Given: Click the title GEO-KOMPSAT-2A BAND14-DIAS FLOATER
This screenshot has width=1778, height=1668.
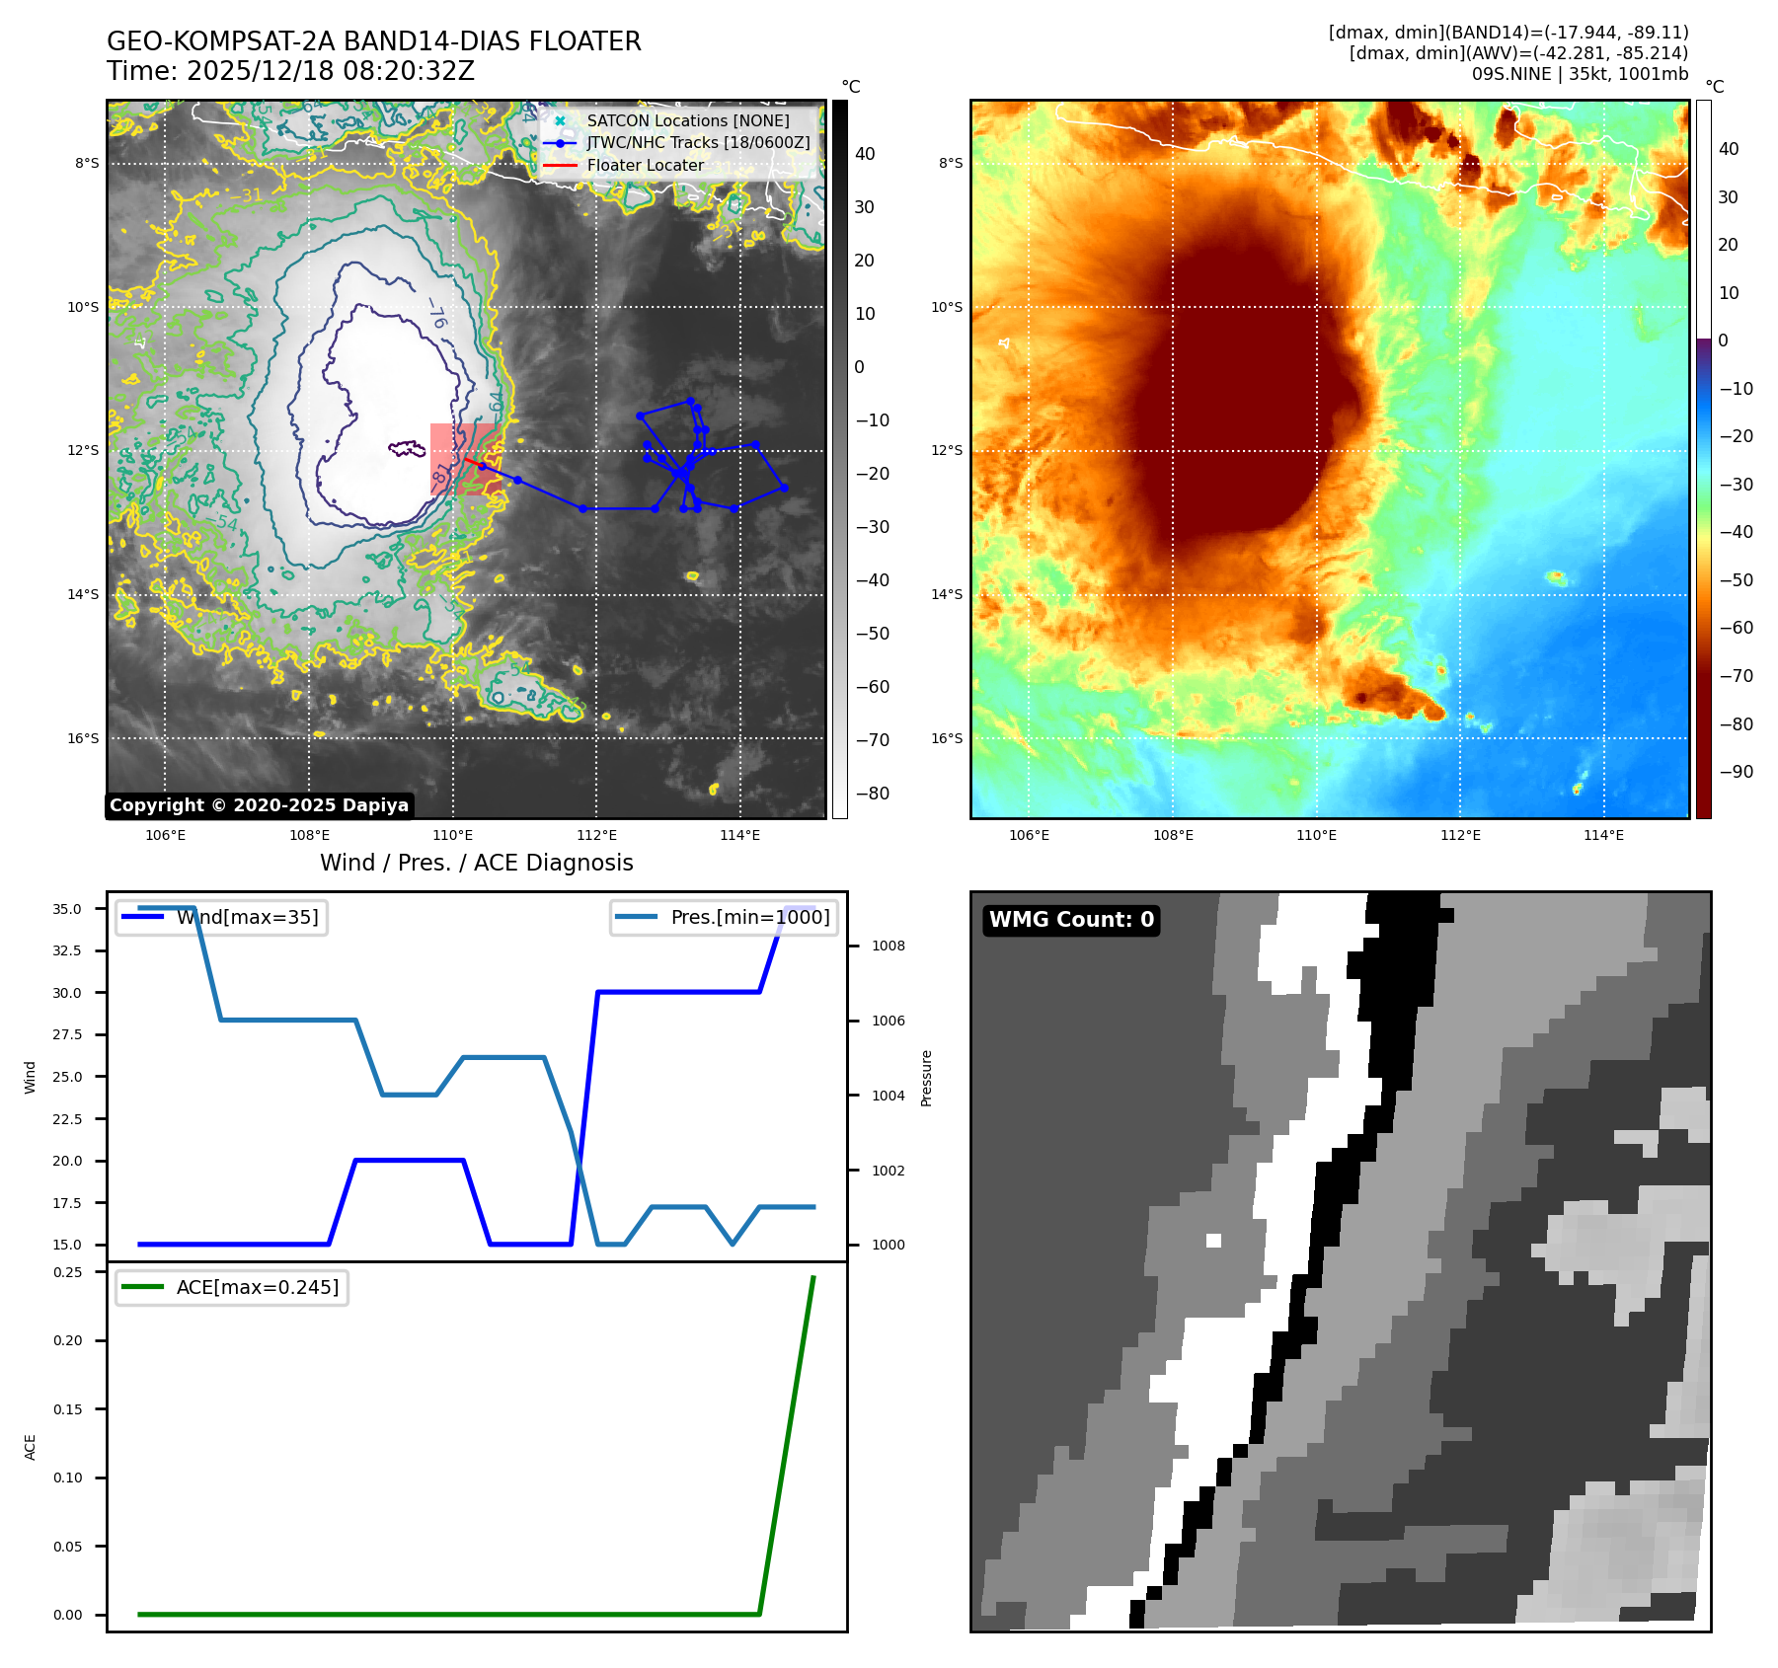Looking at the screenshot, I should coord(373,41).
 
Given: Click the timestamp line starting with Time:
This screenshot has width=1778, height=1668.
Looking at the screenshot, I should coord(290,71).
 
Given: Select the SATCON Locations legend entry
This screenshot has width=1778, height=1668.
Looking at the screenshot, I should coord(687,120).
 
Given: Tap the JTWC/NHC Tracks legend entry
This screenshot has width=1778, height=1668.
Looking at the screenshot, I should coord(698,142).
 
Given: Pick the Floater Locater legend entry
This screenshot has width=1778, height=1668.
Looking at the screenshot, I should coord(645,165).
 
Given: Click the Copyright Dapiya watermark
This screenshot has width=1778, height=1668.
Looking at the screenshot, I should coord(259,805).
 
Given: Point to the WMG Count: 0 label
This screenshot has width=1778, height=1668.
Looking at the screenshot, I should coord(1071,920).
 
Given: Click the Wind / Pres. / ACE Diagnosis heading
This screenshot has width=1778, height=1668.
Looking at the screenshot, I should coord(476,863).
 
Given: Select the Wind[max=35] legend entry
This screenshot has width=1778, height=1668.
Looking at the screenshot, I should coord(247,917).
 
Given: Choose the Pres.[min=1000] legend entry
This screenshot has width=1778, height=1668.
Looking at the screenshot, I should coord(749,917).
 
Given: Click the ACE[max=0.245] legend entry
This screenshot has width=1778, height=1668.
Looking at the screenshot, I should coord(257,1287).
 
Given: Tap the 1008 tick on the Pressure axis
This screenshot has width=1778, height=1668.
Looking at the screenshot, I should coord(888,946).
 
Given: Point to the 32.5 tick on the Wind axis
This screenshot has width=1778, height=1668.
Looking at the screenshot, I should coord(67,950).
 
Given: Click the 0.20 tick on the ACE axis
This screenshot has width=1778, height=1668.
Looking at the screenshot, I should coord(67,1340).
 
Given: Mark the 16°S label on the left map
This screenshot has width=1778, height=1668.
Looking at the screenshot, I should coord(83,738).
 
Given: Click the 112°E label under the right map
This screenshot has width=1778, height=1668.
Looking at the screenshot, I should coord(1460,835).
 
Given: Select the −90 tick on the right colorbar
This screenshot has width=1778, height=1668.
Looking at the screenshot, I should coord(1736,772).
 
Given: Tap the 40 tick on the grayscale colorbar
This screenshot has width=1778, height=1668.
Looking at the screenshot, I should coord(865,154).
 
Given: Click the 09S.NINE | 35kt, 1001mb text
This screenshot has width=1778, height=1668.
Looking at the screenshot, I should coord(1580,73).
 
